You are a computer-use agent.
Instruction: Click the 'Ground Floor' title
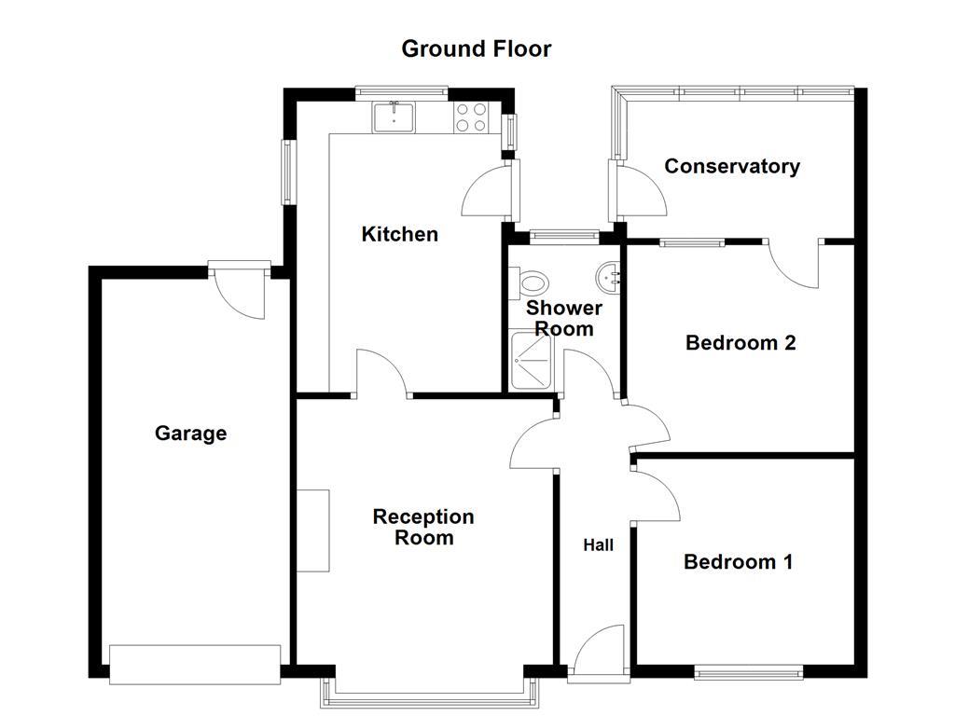tap(476, 48)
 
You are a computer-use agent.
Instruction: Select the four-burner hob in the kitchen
tap(470, 117)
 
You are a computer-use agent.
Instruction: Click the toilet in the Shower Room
tap(533, 281)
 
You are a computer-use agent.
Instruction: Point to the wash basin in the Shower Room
tap(607, 276)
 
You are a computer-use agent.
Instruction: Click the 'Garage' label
tap(190, 434)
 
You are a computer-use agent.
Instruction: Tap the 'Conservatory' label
tap(731, 166)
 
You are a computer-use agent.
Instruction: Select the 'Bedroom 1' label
tap(738, 561)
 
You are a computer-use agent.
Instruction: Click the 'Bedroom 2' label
tap(740, 342)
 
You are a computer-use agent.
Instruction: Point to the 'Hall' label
tap(598, 544)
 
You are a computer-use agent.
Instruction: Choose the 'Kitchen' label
tap(399, 234)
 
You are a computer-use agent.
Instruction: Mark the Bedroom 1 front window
tap(748, 671)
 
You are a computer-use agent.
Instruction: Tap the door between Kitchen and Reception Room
tap(381, 374)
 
